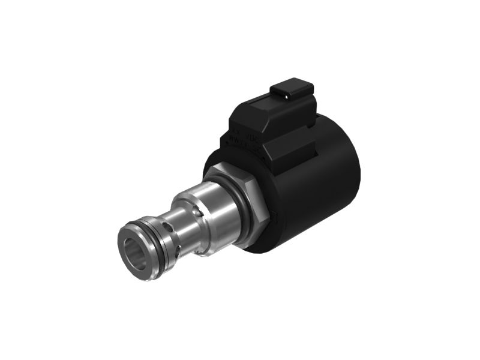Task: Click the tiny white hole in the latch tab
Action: [286, 95]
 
